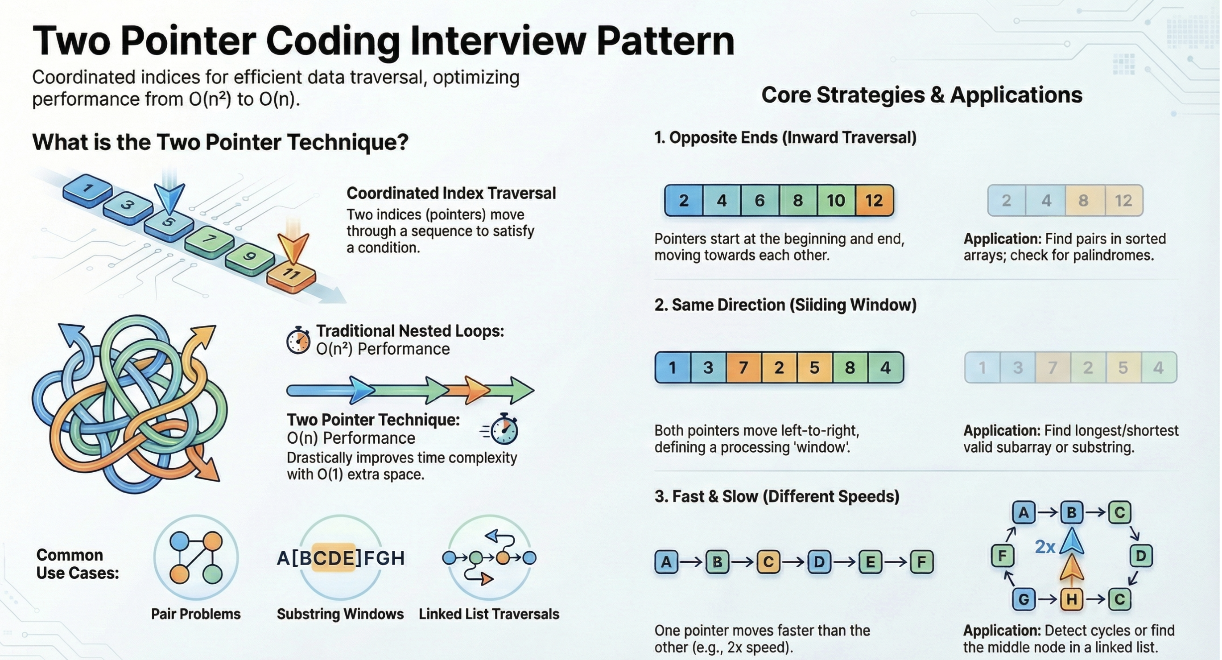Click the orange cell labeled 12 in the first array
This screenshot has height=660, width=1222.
click(874, 201)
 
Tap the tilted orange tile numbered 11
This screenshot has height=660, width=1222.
click(291, 276)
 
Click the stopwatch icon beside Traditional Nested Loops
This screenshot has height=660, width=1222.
click(298, 340)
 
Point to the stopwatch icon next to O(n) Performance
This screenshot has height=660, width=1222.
click(504, 430)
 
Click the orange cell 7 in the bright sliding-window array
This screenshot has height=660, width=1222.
click(743, 367)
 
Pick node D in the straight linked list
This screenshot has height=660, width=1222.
click(819, 562)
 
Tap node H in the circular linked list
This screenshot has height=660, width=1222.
click(1071, 599)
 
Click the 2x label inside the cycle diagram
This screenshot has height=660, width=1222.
click(1044, 547)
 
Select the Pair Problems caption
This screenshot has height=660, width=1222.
click(195, 614)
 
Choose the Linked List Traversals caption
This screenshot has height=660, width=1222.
click(489, 614)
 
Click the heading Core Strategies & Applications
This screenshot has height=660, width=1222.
click(921, 95)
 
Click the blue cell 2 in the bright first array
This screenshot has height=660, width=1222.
click(684, 201)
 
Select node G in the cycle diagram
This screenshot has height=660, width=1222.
click(1023, 599)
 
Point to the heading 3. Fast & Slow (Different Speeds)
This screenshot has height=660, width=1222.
click(776, 496)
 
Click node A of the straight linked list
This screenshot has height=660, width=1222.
click(666, 562)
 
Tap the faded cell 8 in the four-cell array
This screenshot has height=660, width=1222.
click(1083, 201)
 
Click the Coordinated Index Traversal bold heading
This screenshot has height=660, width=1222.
click(450, 193)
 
